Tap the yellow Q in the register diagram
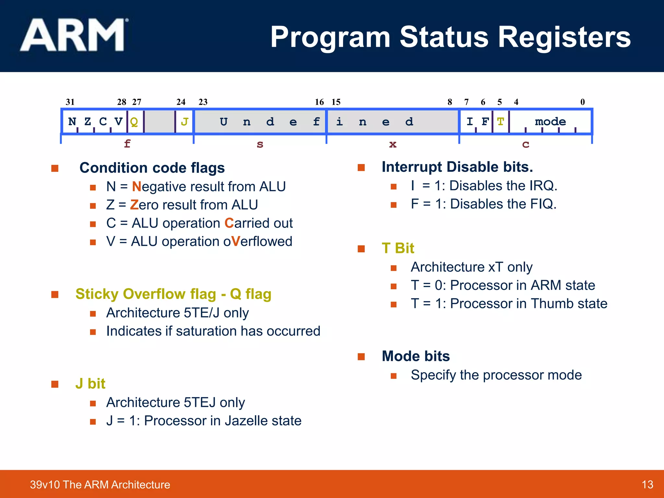coord(134,122)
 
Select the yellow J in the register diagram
coord(184,122)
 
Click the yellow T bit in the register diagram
coord(500,122)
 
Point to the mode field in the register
coord(550,122)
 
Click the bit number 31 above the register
coord(70,102)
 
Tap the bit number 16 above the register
coord(319,102)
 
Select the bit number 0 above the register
coord(583,102)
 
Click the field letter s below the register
coord(260,144)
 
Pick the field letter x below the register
coord(393,144)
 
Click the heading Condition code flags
coord(152,168)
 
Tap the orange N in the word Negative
coord(136,187)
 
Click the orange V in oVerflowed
coord(236,242)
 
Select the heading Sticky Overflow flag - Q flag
coord(173,294)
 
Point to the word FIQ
coord(543,204)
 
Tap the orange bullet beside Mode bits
coord(361,357)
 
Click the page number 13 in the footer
coord(647,485)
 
